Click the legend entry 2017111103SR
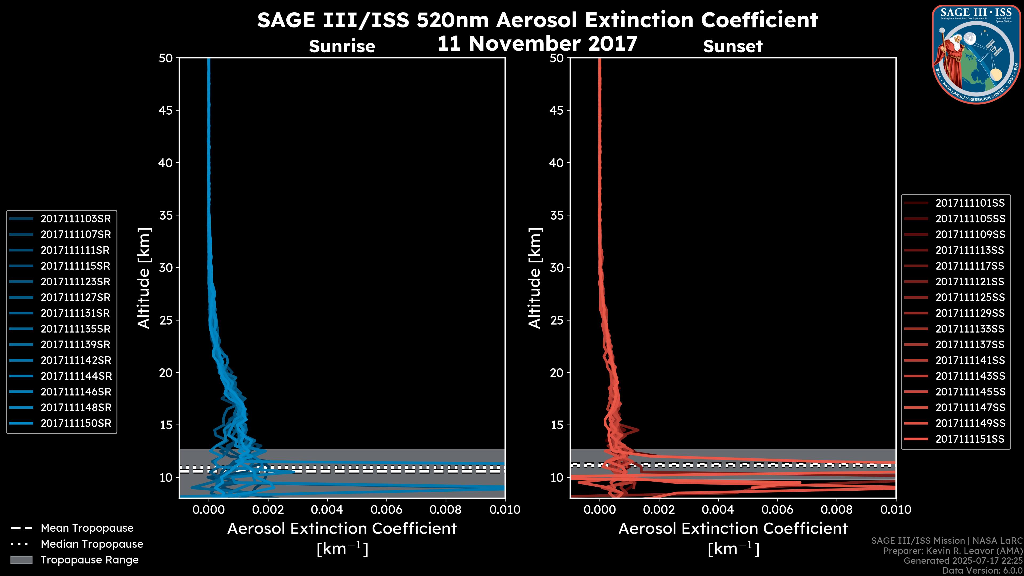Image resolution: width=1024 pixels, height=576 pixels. coord(75,219)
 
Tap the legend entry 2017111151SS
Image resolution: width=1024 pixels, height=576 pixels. coord(970,439)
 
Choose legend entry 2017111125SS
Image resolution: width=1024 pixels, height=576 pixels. coord(970,297)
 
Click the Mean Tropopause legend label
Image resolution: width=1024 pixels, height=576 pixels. coord(87,528)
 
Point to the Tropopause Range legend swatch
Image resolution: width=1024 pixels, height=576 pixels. coord(21,560)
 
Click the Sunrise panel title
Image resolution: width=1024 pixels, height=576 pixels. coord(342,46)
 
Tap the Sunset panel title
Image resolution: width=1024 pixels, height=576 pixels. coord(733,46)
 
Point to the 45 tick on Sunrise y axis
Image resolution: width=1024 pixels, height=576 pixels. coord(166,110)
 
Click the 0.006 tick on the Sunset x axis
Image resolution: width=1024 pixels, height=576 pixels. coord(778,510)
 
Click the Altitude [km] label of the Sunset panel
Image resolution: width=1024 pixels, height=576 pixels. coord(535,278)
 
